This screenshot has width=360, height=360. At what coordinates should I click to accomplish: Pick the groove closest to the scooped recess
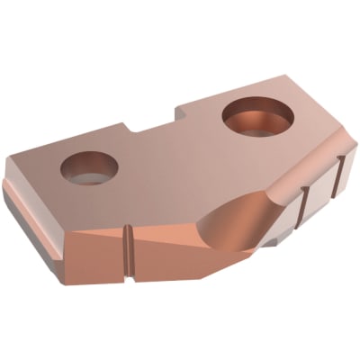tap(301, 202)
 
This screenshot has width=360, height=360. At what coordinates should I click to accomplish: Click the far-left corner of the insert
tap(7, 180)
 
